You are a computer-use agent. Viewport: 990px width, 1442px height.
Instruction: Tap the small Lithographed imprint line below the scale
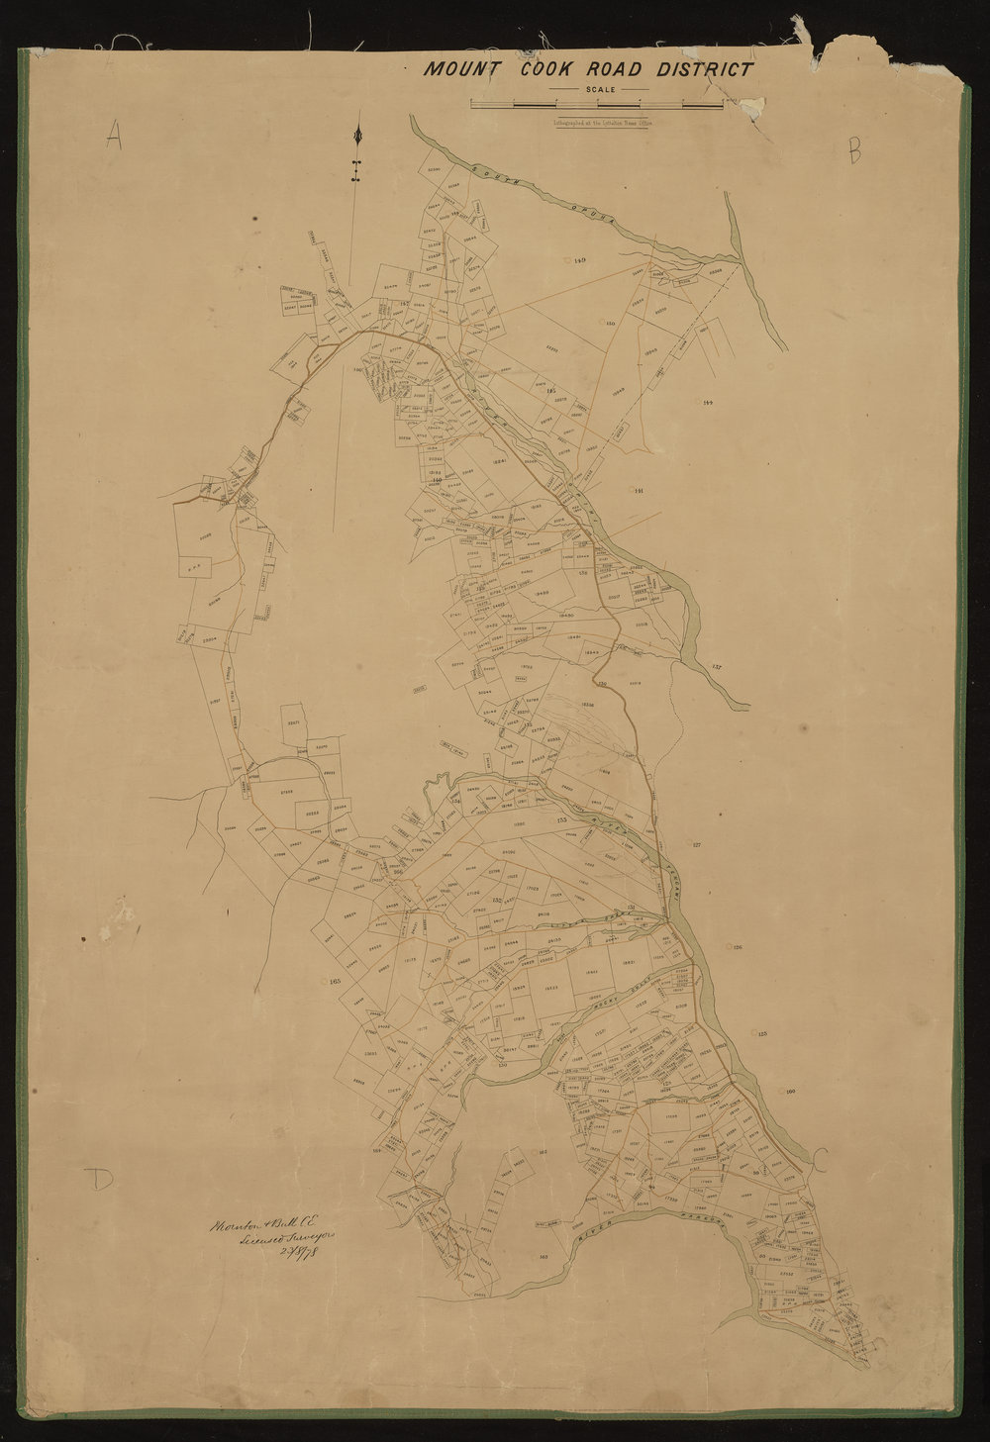597,124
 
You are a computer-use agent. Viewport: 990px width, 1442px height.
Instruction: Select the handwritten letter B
854,150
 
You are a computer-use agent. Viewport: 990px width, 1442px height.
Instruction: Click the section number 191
639,491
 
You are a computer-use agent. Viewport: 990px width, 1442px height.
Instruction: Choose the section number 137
718,668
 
